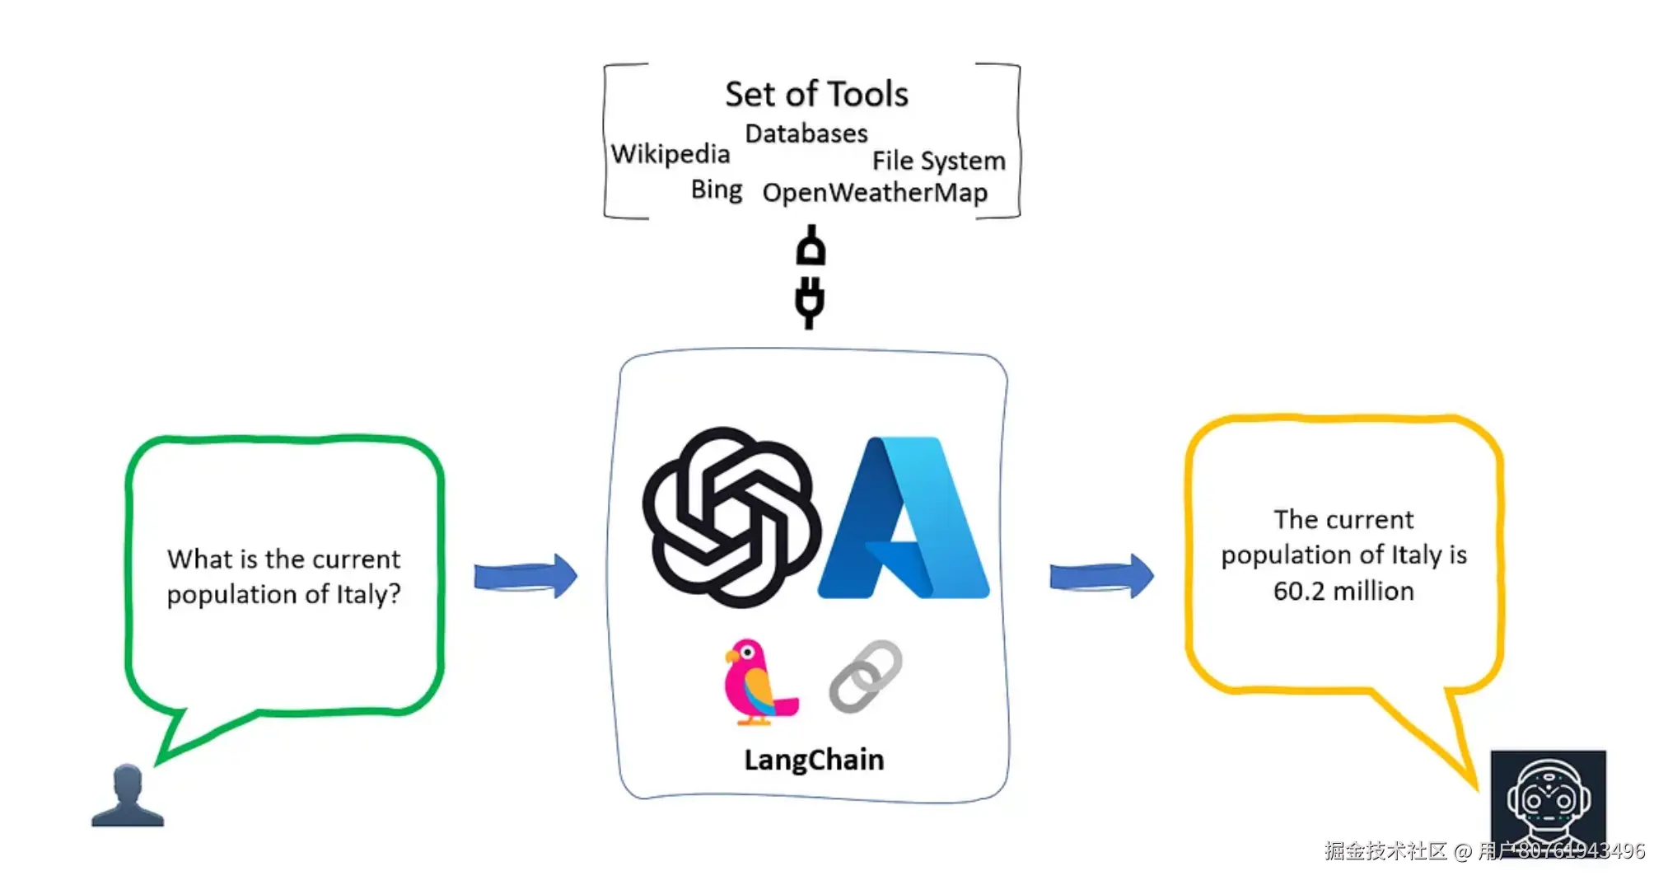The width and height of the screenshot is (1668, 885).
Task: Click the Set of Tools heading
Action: coord(816,94)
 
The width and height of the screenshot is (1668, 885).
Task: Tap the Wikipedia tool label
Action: coord(670,154)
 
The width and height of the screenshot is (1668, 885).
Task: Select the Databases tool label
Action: coord(806,133)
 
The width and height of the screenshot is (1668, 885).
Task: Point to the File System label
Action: coord(939,161)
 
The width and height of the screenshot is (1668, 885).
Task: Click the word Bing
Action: coord(717,190)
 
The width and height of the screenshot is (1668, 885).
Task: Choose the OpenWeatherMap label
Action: coord(875,193)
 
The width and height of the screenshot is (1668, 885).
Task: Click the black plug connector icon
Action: coord(811,277)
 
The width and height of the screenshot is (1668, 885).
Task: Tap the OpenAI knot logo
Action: coord(731,517)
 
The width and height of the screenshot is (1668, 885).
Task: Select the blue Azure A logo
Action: coord(904,517)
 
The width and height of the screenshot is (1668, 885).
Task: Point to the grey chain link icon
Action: coord(865,677)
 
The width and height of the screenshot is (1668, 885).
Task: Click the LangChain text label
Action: coord(814,760)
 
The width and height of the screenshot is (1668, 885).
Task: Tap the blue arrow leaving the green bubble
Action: coord(526,576)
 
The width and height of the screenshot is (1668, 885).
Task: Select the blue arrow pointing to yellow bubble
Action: coord(1101,576)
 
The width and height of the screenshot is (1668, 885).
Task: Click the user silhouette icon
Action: coord(128,795)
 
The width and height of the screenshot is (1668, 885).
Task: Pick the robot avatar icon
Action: coord(1549,798)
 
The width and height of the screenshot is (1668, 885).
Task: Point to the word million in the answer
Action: coord(1373,591)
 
